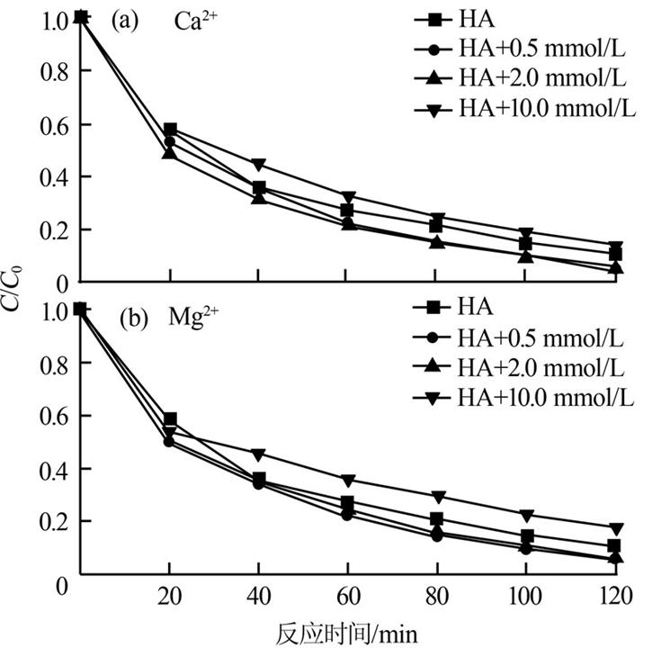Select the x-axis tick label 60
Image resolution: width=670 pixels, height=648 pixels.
(348, 597)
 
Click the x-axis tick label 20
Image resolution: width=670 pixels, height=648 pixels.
(170, 597)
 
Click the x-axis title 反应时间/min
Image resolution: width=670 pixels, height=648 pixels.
(348, 631)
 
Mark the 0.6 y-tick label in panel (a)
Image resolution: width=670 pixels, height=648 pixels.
(55, 124)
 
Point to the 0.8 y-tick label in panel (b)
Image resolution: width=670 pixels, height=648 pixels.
(55, 363)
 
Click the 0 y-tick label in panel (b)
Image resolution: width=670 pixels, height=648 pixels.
(62, 584)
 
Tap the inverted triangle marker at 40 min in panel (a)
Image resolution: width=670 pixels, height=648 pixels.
(259, 165)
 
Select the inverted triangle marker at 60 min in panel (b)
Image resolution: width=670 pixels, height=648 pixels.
(347, 480)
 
